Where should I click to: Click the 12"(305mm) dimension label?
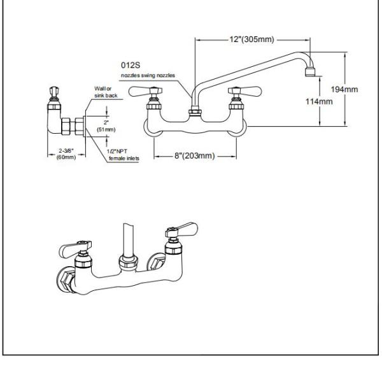(251, 40)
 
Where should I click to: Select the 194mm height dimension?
(344, 88)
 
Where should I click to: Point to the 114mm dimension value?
(318, 101)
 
